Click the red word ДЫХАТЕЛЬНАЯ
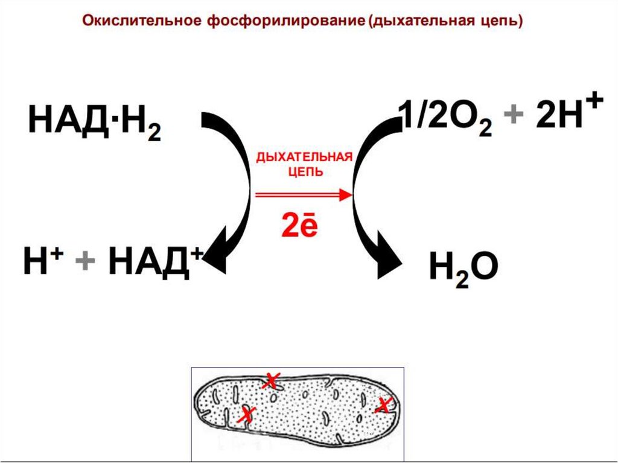click(x=304, y=158)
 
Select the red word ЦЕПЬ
click(x=304, y=171)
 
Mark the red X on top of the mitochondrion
click(x=271, y=381)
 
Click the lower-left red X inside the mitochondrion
click(x=245, y=415)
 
